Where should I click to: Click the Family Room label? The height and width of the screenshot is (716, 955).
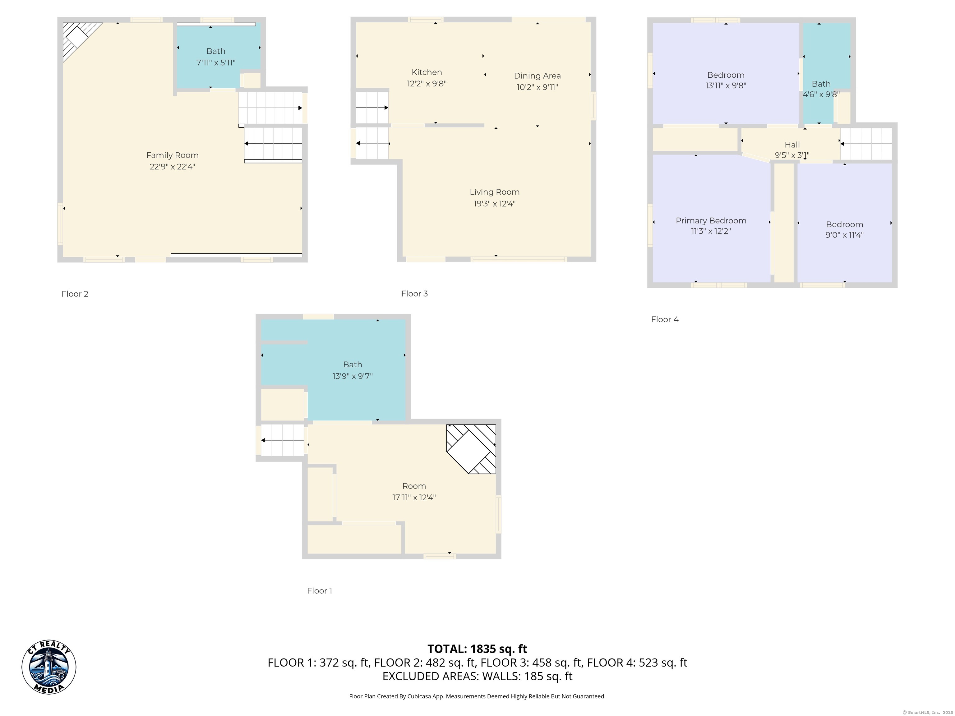(x=172, y=155)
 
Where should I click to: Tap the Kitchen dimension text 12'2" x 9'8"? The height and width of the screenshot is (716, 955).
(x=427, y=84)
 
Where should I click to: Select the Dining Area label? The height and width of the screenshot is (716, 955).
(x=537, y=76)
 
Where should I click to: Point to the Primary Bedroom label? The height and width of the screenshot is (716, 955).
(x=711, y=221)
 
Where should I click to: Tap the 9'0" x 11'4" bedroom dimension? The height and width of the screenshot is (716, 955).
(x=844, y=235)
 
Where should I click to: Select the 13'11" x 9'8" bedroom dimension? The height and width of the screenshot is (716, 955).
(x=725, y=86)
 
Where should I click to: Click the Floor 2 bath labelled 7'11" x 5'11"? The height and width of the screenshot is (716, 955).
(x=216, y=57)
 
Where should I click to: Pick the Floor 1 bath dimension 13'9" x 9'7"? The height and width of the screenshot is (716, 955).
(x=352, y=376)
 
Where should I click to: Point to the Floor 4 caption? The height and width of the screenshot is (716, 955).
(x=664, y=320)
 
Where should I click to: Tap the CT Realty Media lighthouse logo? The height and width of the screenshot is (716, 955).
(x=49, y=667)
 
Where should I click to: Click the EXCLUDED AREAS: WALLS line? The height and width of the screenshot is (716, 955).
(x=477, y=676)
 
